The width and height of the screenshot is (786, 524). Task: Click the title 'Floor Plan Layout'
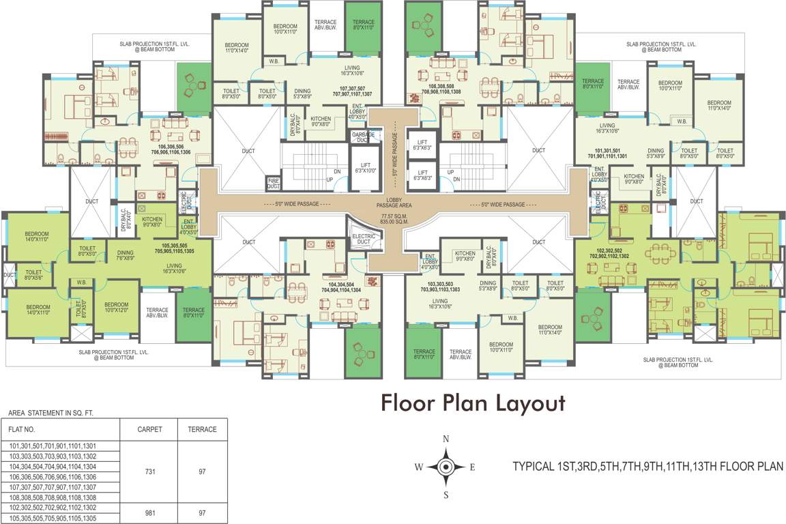472,403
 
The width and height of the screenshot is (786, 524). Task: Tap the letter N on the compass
446,439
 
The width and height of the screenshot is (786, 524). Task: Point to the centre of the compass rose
446,467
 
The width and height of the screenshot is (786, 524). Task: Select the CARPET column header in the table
149,429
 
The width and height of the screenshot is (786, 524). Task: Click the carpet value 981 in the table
149,512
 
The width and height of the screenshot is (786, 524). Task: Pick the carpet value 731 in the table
149,471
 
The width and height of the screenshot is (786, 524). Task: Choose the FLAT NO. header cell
22,430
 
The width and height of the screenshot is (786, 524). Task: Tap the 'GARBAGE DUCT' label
360,137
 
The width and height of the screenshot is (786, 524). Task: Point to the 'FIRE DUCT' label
273,184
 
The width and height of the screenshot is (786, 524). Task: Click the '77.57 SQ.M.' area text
393,217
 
